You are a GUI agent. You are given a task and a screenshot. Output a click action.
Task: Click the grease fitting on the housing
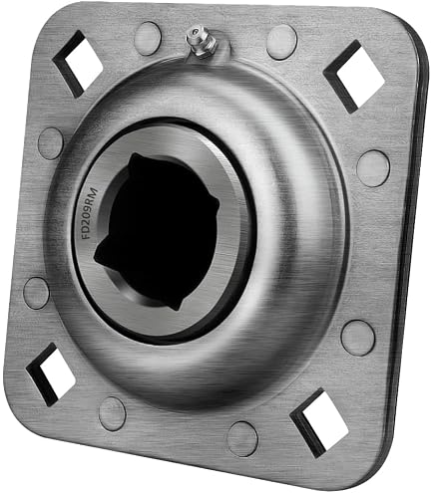tap(202, 43)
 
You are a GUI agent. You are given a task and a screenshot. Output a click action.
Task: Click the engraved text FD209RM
tap(91, 213)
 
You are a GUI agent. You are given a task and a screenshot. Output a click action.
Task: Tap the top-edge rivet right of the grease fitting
tap(281, 42)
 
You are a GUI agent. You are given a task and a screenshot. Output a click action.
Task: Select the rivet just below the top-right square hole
tap(373, 168)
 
